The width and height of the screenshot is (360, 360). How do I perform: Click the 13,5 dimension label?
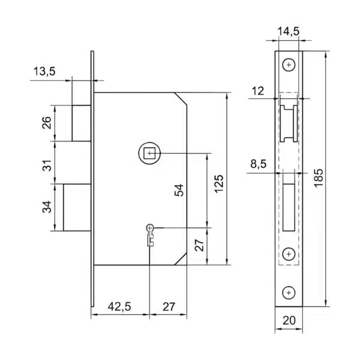[x=44, y=72]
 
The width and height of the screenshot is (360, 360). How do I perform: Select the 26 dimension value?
[x=47, y=123]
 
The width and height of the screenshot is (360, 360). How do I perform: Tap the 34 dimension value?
[x=47, y=208]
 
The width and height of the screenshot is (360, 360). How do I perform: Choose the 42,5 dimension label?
[x=119, y=307]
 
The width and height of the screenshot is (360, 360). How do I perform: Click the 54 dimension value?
[x=179, y=190]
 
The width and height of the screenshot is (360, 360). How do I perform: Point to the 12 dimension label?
[x=259, y=91]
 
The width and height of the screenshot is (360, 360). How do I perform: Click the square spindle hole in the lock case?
[x=148, y=153]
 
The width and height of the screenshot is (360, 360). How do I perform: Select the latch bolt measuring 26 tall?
[x=81, y=123]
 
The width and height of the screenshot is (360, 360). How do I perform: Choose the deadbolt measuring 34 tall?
[x=77, y=208]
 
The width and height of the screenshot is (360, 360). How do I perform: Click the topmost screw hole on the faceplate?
[x=290, y=64]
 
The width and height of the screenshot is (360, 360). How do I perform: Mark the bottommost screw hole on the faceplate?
[x=290, y=292]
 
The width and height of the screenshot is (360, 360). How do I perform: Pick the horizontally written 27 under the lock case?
[x=169, y=307]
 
